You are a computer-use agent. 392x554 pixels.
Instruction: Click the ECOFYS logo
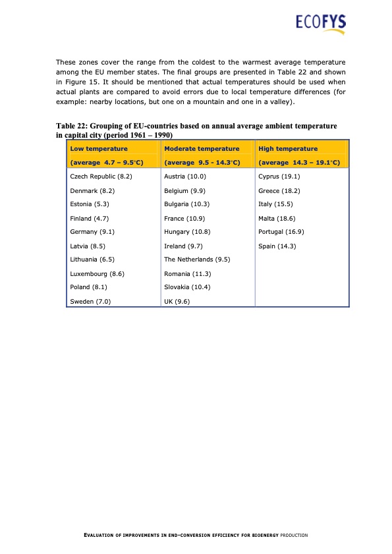coord(320,24)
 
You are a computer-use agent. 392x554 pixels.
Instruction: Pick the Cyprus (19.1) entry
coord(279,177)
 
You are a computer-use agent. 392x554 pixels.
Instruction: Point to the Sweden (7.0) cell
coord(90,301)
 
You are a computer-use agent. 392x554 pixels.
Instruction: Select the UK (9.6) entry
coord(177,301)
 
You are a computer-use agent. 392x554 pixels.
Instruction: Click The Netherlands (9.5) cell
coord(197,259)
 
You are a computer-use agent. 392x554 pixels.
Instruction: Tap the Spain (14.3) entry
coord(277,245)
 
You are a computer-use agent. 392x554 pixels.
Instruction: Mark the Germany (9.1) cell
coord(92,231)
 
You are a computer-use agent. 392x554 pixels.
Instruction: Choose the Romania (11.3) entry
coord(188,273)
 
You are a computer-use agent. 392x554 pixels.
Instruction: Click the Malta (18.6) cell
coord(277,217)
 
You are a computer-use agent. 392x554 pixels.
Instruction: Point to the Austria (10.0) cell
coord(185,177)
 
